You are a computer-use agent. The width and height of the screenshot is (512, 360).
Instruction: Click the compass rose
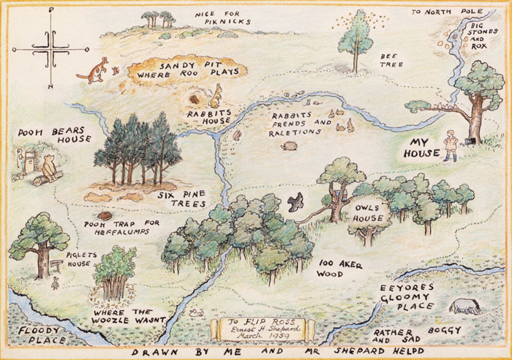50,49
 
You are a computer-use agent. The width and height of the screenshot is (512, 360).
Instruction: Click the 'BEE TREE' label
389,61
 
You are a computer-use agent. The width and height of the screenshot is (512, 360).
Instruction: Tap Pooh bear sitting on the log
49,167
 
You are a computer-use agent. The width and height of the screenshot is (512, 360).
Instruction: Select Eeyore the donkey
466,306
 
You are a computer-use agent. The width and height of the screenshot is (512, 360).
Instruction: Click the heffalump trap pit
107,217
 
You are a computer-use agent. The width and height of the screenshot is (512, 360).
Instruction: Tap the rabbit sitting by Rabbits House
217,93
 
